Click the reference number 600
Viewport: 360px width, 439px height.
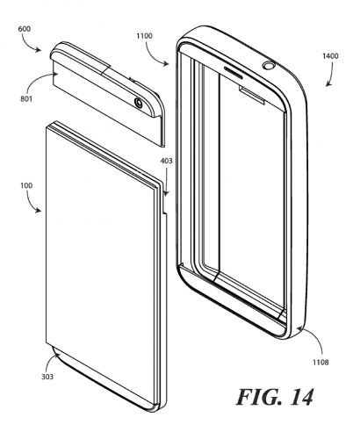[x=25, y=29]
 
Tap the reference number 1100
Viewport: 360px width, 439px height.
[x=144, y=36]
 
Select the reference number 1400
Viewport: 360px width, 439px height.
[x=330, y=56]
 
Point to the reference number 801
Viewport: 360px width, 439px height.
[x=26, y=99]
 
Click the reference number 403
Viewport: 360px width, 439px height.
[x=166, y=161]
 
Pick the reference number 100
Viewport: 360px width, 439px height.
[x=26, y=185]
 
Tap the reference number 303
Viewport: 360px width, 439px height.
[x=47, y=377]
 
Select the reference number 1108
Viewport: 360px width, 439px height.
[x=320, y=363]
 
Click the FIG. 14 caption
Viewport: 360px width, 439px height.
[x=275, y=397]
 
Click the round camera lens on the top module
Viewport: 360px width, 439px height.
[x=139, y=103]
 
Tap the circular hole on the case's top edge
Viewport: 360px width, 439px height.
[x=269, y=65]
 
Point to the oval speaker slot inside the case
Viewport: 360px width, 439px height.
[x=234, y=73]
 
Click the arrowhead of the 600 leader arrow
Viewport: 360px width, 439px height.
[x=39, y=51]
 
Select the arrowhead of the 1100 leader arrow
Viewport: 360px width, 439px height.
[x=167, y=64]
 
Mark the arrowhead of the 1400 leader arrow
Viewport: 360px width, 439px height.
[x=328, y=84]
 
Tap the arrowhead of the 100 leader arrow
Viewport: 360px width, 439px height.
[x=39, y=211]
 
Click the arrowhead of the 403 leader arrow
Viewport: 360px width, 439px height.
[x=166, y=194]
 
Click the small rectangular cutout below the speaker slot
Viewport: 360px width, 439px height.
[x=252, y=94]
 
